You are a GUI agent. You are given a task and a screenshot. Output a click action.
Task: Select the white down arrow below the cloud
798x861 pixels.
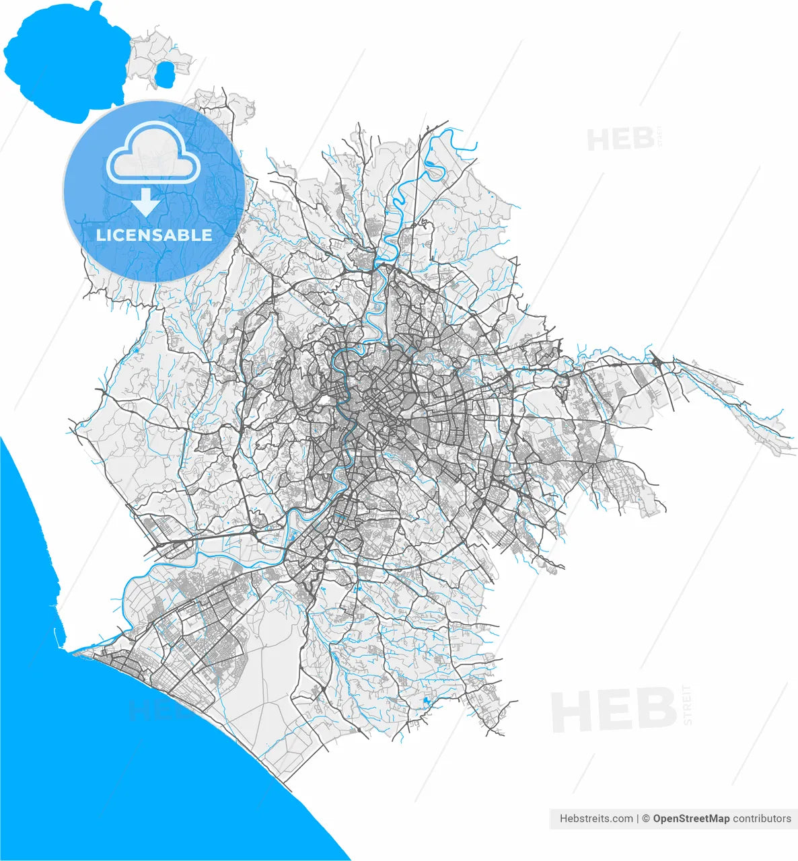point(145,201)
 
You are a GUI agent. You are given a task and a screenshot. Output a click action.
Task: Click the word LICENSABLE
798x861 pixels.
point(154,235)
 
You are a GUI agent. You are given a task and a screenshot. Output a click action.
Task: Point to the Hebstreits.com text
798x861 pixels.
point(596,819)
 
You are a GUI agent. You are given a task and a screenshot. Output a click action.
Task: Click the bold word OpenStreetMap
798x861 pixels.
point(691,819)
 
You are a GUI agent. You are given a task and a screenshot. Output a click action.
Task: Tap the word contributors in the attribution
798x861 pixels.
point(762,819)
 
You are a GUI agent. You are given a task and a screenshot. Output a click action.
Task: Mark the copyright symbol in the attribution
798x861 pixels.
point(646,819)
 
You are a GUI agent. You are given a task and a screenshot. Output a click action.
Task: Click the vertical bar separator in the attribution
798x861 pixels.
point(637,819)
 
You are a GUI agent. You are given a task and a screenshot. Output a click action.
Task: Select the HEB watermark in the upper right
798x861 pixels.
point(620,139)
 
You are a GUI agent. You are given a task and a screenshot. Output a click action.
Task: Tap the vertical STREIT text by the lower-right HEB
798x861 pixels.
point(687,705)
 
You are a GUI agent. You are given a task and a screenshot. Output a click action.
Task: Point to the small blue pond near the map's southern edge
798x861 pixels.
point(426,704)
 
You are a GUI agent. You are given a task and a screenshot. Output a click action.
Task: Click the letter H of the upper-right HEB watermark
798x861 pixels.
point(597,140)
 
